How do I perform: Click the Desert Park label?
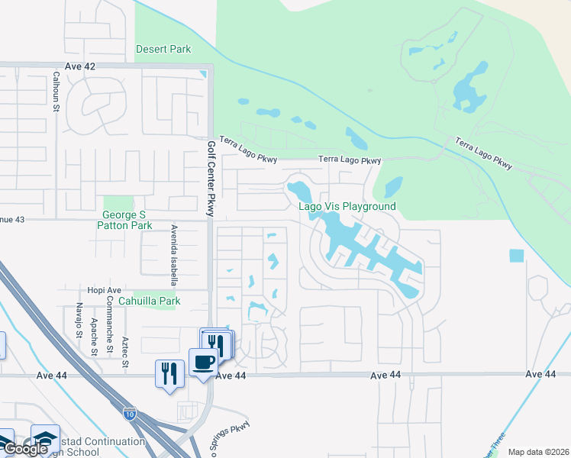click(163, 49)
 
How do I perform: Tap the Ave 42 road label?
click(80, 66)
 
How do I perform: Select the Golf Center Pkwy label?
click(212, 178)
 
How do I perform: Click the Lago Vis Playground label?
click(347, 207)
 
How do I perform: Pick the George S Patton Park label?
click(124, 220)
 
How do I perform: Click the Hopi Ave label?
click(104, 291)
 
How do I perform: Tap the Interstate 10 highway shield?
click(129, 412)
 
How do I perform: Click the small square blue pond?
click(517, 256)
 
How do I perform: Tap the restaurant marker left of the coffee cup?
click(169, 373)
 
